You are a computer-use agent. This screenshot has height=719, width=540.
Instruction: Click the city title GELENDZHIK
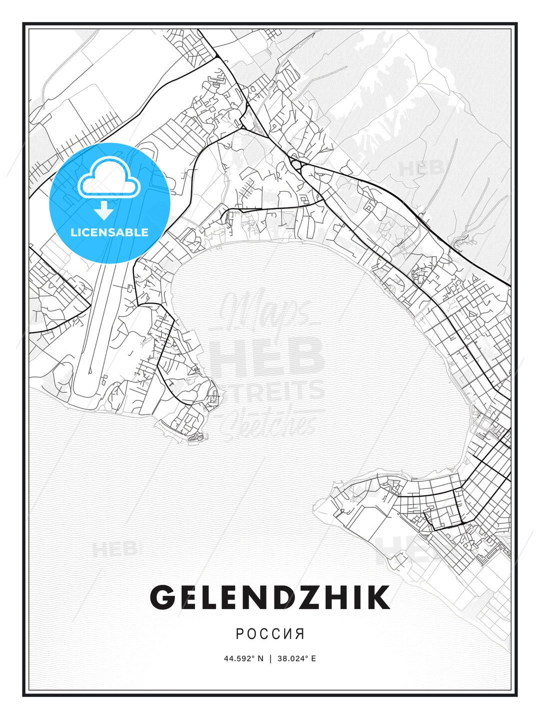(270, 597)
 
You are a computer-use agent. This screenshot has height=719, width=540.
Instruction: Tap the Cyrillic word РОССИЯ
(270, 634)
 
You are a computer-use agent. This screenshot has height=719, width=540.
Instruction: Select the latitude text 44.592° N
(243, 659)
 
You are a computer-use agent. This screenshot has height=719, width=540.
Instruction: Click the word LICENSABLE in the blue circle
(109, 232)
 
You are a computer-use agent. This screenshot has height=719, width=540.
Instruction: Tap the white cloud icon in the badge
(108, 179)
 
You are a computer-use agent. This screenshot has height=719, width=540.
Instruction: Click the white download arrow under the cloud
(104, 210)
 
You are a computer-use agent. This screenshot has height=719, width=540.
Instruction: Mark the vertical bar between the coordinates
(270, 659)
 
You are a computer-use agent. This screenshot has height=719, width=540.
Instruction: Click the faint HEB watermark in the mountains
(421, 168)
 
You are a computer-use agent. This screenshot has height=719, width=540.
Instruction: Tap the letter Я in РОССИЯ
(299, 634)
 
